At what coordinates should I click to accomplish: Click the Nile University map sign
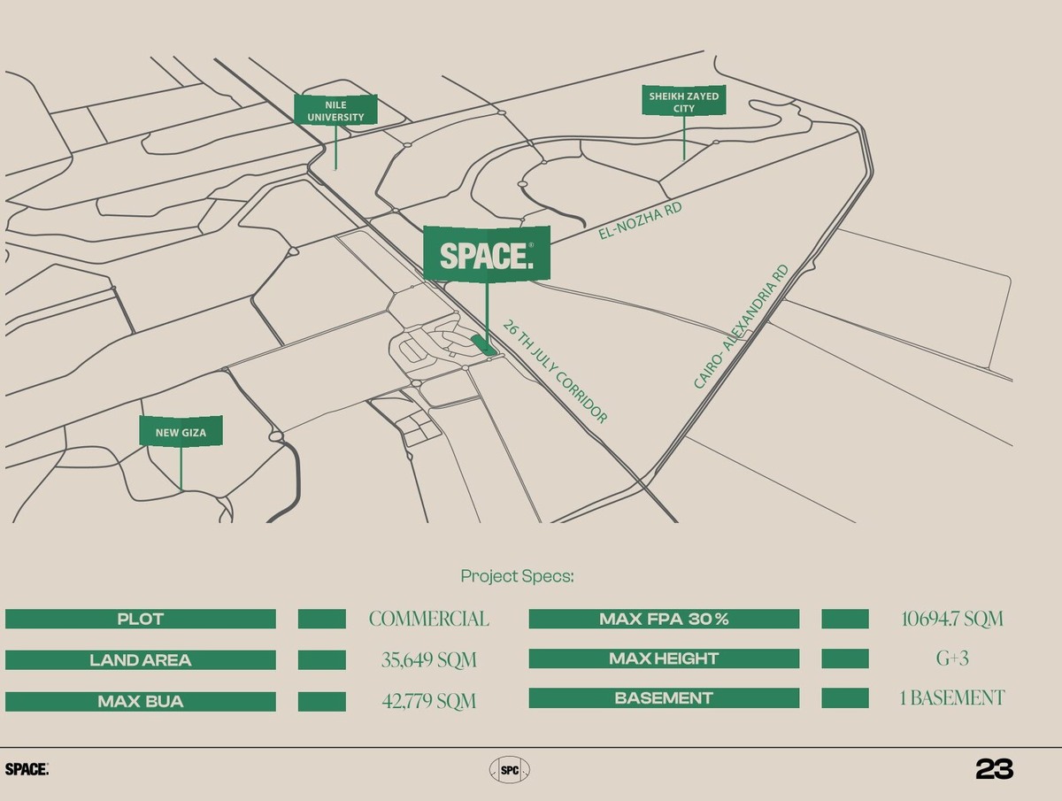pos(335,111)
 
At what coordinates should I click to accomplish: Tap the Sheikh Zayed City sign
pos(683,101)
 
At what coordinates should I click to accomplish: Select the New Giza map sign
pos(181,433)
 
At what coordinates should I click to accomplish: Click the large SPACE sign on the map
pos(486,255)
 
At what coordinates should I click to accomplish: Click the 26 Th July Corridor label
pos(555,372)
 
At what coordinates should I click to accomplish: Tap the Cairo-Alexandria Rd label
pos(741,327)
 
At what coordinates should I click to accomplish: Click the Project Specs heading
pos(517,576)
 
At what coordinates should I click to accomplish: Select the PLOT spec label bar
pos(141,619)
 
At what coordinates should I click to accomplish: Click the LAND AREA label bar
pos(141,659)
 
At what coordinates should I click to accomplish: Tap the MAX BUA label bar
pos(141,702)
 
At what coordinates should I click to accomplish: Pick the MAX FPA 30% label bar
pos(664,619)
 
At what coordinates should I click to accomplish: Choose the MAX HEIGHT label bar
pos(664,659)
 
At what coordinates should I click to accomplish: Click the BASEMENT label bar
pos(664,698)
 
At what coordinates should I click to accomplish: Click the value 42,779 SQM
pos(429,702)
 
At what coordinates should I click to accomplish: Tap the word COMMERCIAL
pos(429,619)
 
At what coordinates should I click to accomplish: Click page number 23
pos(994,769)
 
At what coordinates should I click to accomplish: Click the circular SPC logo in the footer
pos(510,770)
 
